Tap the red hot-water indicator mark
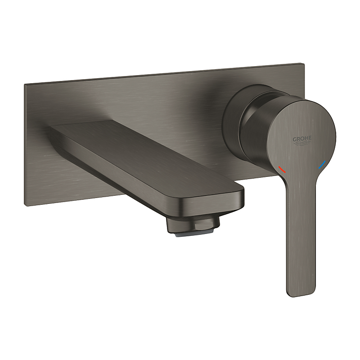282,170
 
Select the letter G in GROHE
295,139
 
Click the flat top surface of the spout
144,153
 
